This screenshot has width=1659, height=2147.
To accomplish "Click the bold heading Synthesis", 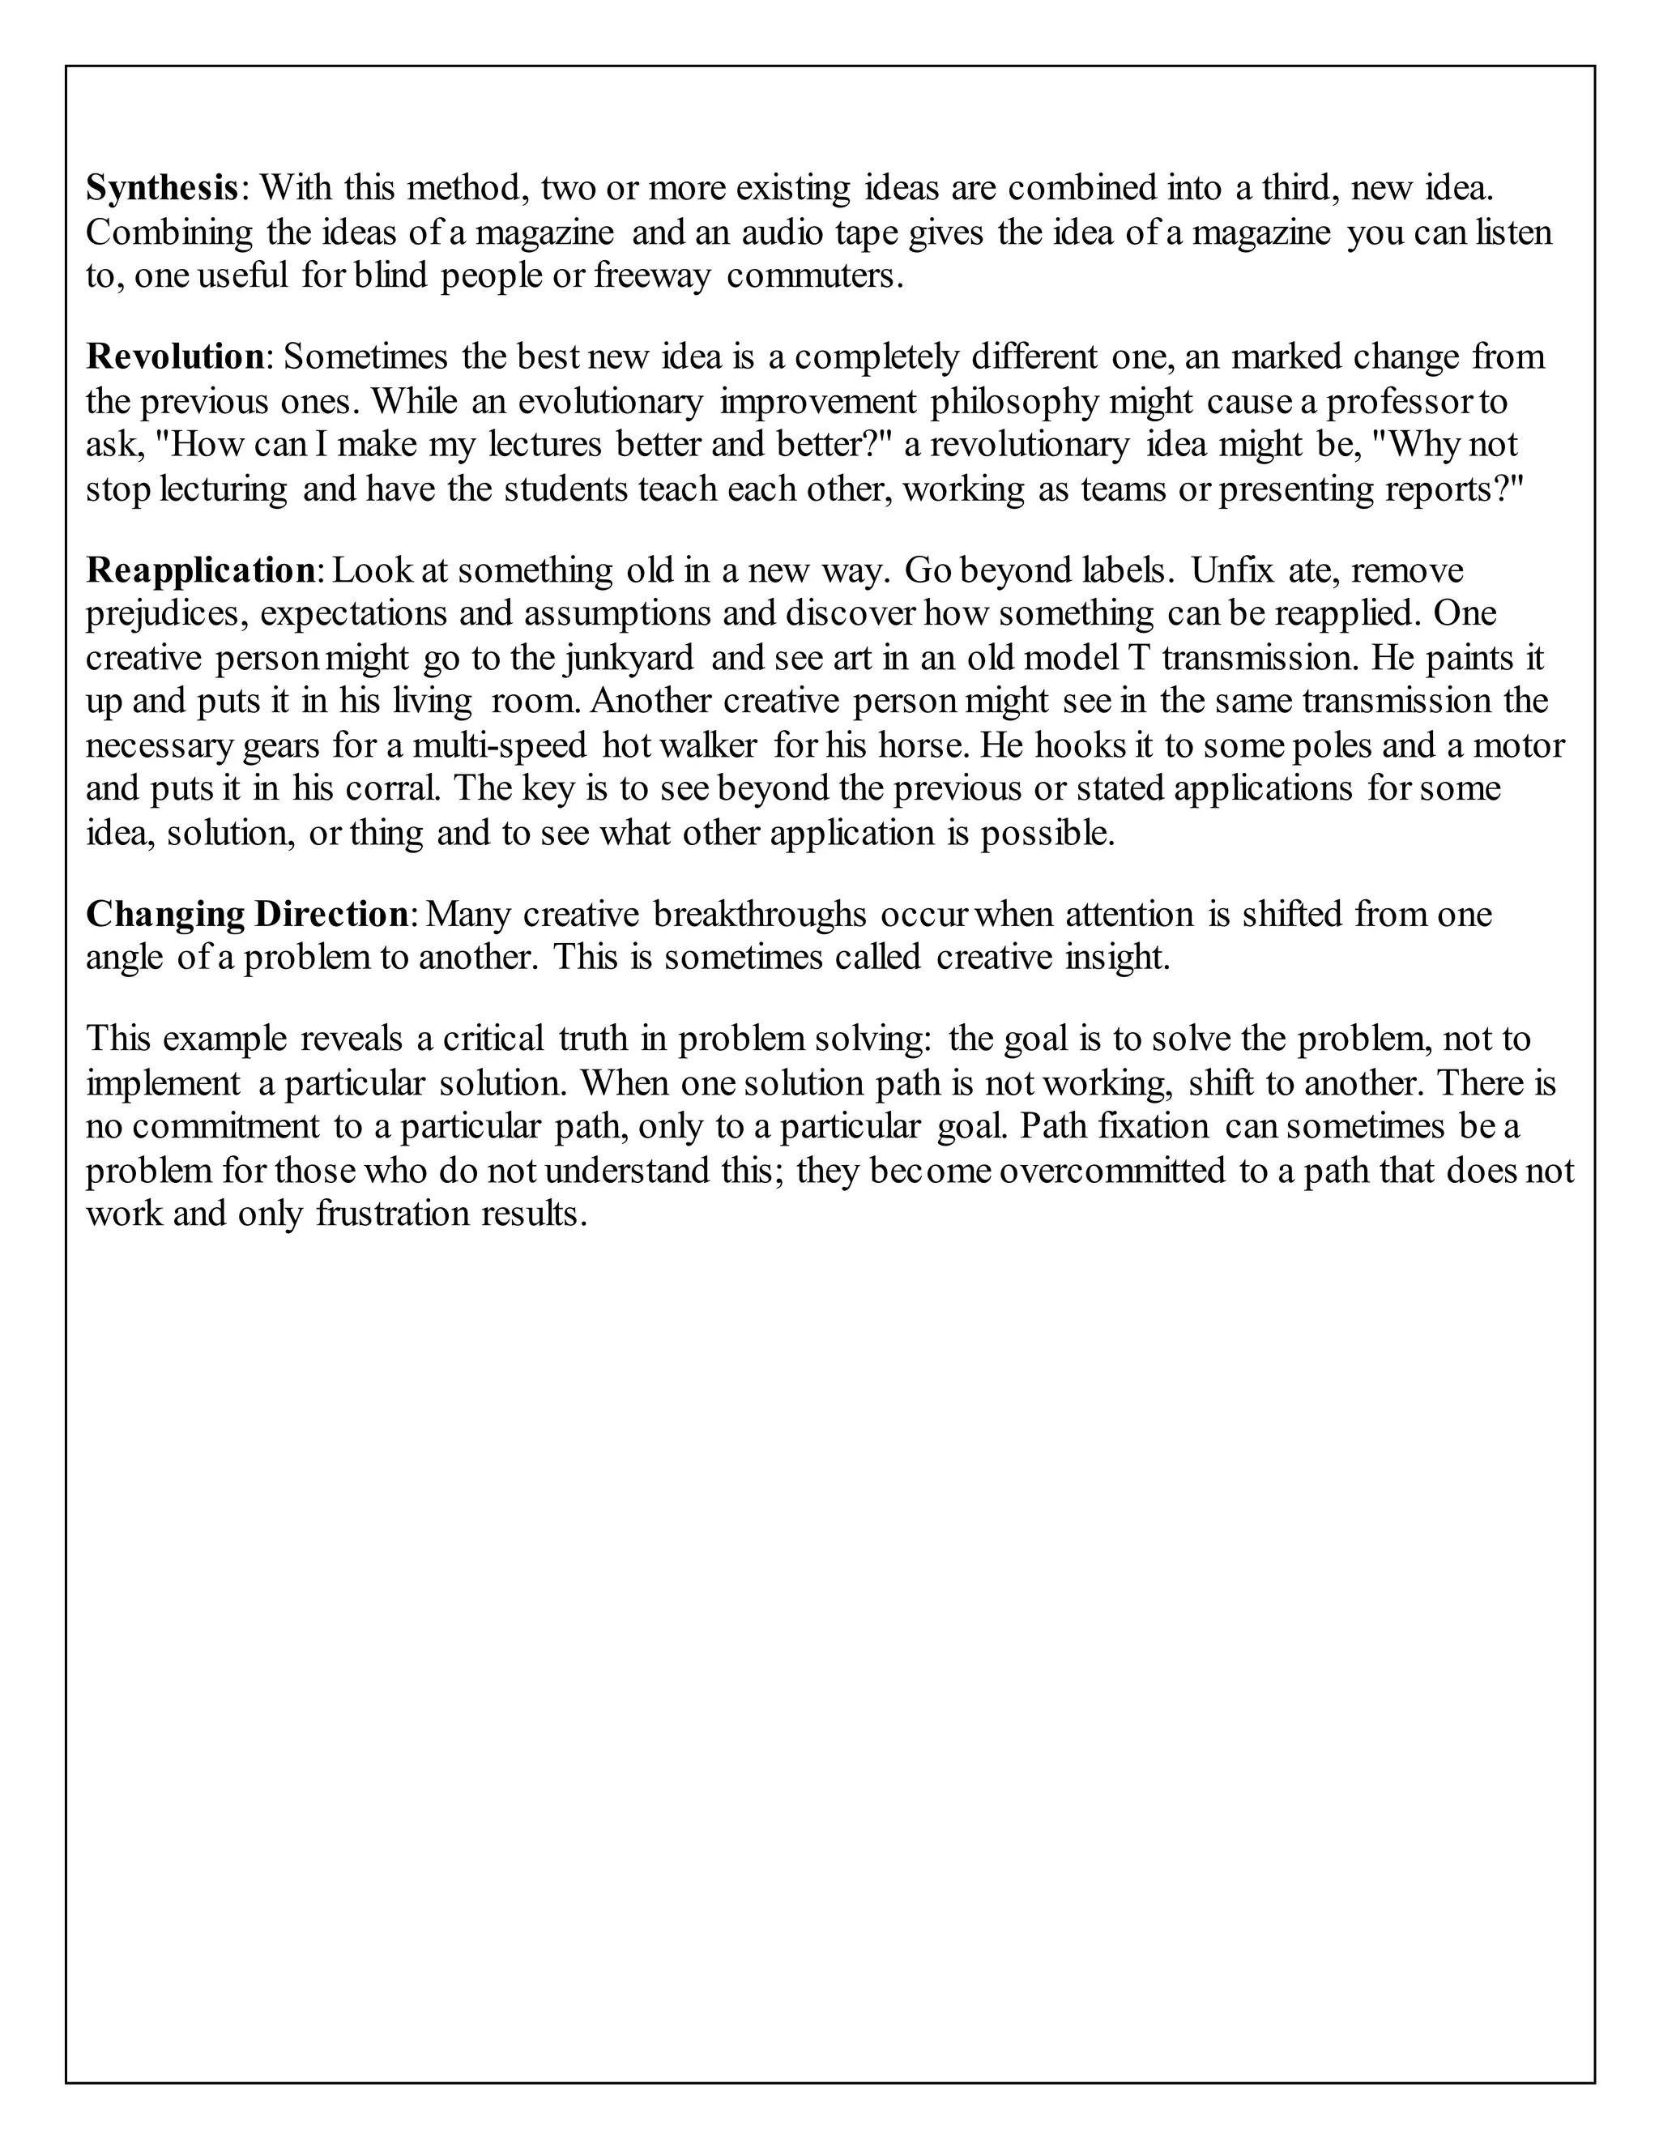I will click(162, 187).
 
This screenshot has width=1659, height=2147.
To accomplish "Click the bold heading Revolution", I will click(175, 356).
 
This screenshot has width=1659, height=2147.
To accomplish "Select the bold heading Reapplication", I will click(199, 570).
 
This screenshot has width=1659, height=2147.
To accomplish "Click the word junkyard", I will click(629, 658).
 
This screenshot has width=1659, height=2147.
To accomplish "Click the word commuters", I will click(814, 276).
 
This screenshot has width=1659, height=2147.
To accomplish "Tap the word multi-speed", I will click(499, 745).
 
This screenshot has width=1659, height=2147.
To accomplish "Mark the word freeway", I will click(650, 276).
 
